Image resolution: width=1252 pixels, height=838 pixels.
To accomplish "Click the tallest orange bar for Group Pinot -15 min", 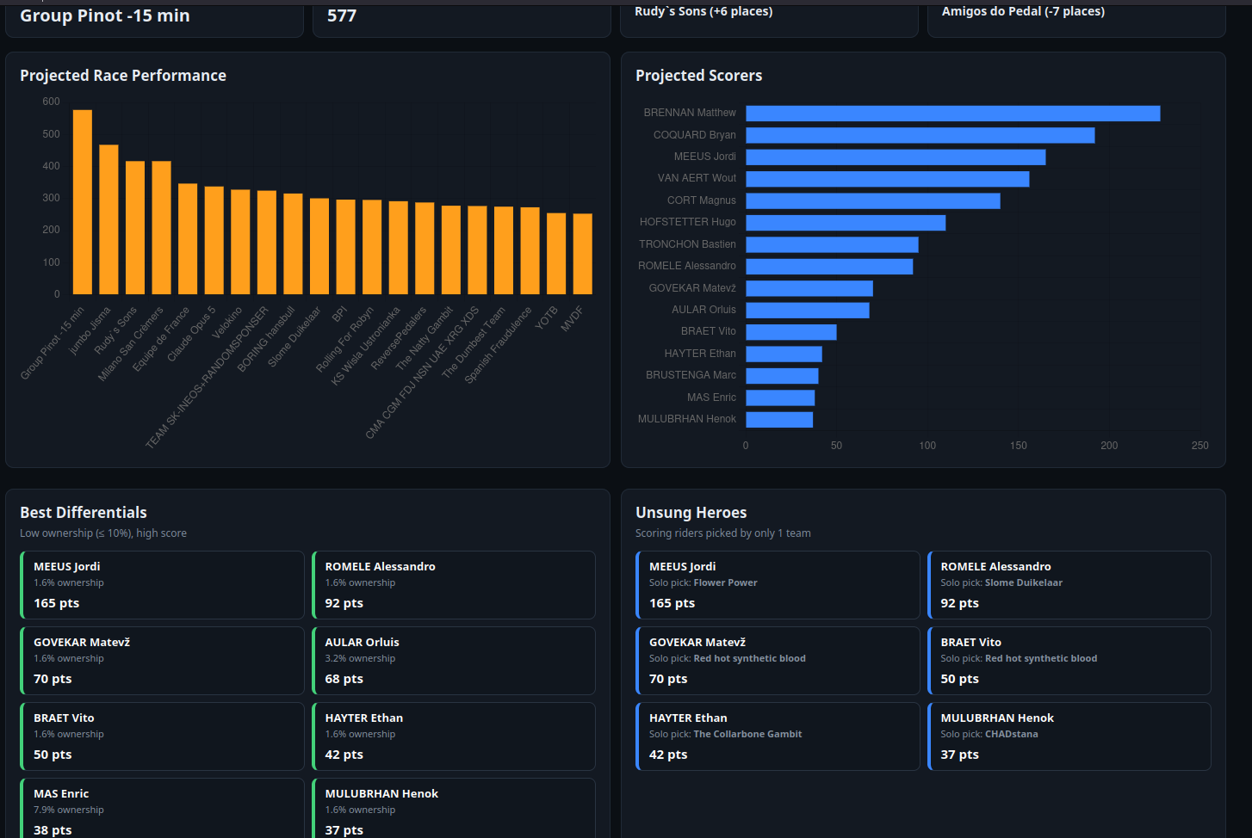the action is [x=82, y=202].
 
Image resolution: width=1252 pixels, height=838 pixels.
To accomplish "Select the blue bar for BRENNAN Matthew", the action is [x=953, y=114].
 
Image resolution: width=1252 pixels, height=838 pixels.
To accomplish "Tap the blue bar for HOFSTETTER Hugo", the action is [x=846, y=223].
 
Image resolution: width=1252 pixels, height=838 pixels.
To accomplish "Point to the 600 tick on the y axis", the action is [x=51, y=102].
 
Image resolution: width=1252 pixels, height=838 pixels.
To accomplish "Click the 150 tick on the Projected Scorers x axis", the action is [x=1019, y=446].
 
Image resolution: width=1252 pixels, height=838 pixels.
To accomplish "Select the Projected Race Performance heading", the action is [x=123, y=76].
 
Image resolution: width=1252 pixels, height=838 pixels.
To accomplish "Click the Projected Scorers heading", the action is [x=698, y=76].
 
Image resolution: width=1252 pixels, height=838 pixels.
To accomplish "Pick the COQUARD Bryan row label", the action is [x=695, y=135].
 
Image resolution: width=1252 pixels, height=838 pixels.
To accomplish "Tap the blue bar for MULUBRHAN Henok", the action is [x=780, y=420].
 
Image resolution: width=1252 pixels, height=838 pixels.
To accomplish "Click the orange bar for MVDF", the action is [x=582, y=254].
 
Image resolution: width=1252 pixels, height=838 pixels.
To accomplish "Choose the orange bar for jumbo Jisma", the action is [x=108, y=219].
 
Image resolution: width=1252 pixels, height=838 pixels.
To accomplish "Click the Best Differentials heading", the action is [x=84, y=513].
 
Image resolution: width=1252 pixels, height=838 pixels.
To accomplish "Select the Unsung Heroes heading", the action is [x=691, y=513].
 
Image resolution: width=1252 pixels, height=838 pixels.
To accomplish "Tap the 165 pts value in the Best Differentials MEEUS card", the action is [x=57, y=603].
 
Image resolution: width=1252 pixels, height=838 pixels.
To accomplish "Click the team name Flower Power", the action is [x=726, y=582].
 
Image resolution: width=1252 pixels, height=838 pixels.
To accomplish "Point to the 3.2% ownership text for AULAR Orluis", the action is [x=360, y=658].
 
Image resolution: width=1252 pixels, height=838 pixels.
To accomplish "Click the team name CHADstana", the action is [x=1012, y=734].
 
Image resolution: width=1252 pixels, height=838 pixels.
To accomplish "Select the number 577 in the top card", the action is [x=342, y=15].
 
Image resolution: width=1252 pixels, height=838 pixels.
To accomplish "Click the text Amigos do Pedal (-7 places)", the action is [x=1023, y=11].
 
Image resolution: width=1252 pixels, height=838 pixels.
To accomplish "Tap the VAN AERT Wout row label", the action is [x=697, y=178].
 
